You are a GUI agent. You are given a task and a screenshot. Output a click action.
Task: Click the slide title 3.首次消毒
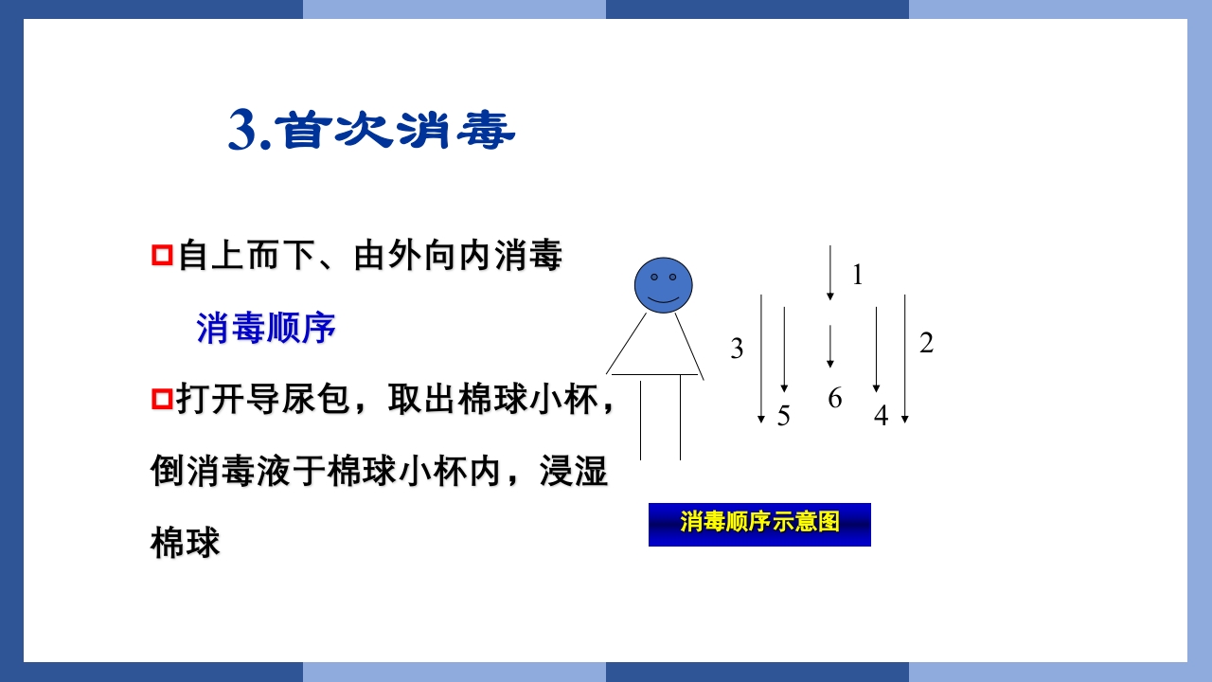click(x=371, y=131)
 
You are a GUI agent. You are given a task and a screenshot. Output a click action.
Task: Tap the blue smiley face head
click(x=663, y=284)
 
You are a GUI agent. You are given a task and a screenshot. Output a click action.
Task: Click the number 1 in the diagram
click(x=858, y=276)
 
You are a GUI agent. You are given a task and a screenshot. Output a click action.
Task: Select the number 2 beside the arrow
click(x=926, y=344)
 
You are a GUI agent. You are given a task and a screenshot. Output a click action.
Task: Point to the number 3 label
click(x=737, y=350)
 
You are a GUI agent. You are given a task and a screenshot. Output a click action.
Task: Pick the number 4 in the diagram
click(x=881, y=416)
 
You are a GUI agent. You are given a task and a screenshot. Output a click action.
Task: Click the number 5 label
click(x=784, y=416)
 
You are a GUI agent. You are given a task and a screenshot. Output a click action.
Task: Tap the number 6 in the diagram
click(x=834, y=399)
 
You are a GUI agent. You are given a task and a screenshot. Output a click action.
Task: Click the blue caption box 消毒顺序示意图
click(x=759, y=524)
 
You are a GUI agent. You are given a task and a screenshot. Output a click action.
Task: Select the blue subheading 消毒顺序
click(x=267, y=329)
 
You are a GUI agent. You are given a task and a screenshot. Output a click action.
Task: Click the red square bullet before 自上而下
click(x=162, y=256)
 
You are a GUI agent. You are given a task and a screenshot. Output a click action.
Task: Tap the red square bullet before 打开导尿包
click(x=162, y=400)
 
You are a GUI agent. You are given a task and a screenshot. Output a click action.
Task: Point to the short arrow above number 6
click(x=830, y=347)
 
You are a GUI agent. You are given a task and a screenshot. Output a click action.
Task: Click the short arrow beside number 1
click(x=830, y=273)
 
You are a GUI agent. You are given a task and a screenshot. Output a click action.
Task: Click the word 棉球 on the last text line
click(x=186, y=544)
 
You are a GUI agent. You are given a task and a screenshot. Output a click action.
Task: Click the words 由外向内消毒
click(x=458, y=256)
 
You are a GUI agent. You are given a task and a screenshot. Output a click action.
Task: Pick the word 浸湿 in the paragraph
click(x=573, y=471)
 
